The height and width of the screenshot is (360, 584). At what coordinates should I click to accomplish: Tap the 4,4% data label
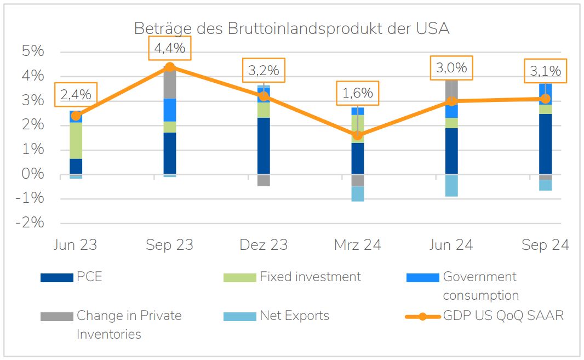tap(170, 48)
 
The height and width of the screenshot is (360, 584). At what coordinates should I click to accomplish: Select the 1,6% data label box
tap(358, 93)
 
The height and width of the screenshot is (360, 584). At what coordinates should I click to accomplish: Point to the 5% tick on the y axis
tap(32, 51)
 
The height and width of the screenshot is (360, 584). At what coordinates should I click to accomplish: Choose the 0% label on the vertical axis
tap(32, 174)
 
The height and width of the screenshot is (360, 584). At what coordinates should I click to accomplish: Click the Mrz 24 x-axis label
tap(358, 245)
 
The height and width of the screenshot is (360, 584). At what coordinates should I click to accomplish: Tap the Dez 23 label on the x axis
tap(264, 245)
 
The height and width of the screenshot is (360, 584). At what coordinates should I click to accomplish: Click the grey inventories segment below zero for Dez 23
tap(264, 180)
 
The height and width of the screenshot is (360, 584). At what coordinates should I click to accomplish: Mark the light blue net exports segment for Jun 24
tap(451, 186)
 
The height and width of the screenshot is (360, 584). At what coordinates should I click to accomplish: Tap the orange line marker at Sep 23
tap(170, 67)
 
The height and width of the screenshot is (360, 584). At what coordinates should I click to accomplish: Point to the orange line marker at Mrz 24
tap(358, 135)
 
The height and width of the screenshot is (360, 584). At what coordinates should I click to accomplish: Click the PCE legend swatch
tap(56, 278)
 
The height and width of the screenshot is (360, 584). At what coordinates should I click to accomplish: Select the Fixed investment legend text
tap(310, 277)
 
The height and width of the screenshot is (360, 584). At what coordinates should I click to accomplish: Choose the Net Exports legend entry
tap(294, 316)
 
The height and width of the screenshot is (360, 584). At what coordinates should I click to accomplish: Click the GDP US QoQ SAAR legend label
tap(503, 316)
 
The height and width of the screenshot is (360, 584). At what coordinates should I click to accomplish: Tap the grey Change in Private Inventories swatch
tap(56, 317)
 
